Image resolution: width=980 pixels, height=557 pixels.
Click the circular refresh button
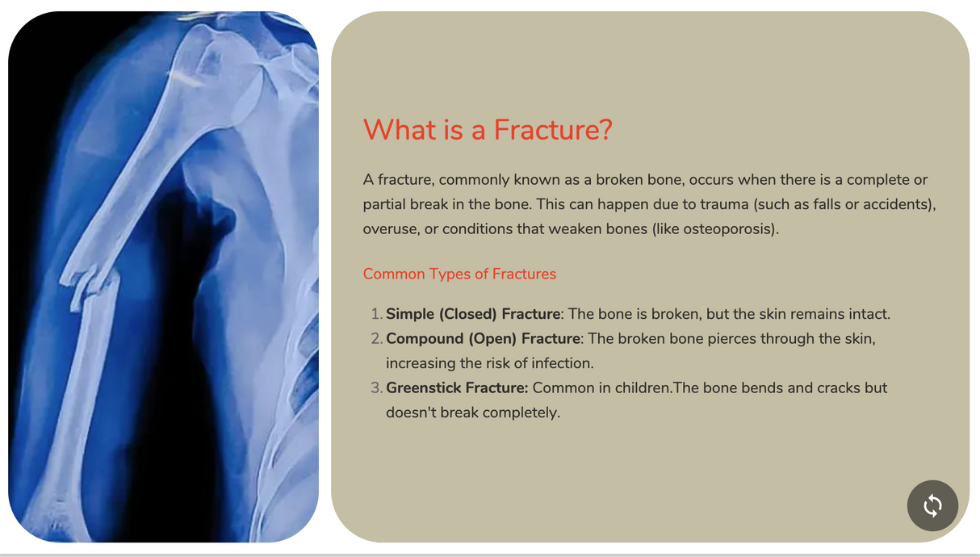(932, 505)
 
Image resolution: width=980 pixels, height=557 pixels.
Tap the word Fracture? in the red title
(553, 129)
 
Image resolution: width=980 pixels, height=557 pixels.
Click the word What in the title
(400, 129)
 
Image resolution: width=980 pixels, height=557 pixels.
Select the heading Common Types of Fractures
(459, 274)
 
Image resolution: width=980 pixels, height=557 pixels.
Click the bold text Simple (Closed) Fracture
(473, 314)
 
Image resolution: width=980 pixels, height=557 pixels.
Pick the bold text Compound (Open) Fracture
(483, 339)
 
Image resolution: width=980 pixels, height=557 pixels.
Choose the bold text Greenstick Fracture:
(457, 387)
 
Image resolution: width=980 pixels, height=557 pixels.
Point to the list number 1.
(376, 314)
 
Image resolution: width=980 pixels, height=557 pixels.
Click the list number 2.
(376, 339)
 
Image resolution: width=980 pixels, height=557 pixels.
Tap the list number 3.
(376, 387)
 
